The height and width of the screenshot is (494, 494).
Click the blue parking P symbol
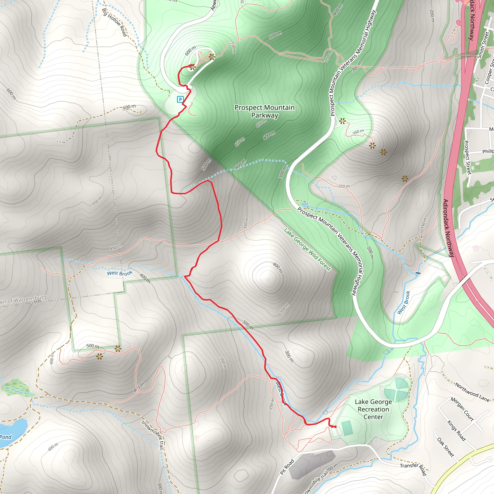pyautogui.click(x=180, y=99)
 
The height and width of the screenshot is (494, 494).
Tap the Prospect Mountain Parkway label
pyautogui.click(x=264, y=111)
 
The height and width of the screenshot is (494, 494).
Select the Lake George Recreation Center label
pyautogui.click(x=373, y=409)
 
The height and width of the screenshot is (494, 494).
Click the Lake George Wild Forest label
pyautogui.click(x=307, y=249)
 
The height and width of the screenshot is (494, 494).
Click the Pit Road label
pyautogui.click(x=287, y=467)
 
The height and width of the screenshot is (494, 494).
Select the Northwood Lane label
pyautogui.click(x=472, y=392)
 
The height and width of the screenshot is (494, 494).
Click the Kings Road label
pyautogui.click(x=456, y=430)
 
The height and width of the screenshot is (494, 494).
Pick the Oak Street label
pyautogui.click(x=446, y=447)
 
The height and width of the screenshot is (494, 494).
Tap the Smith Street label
pyautogui.click(x=484, y=45)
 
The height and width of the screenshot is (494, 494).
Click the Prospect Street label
pyautogui.click(x=468, y=157)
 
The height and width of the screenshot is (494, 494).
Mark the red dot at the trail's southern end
pyautogui.click(x=335, y=427)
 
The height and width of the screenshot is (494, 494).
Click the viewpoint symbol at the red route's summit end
pyautogui.click(x=192, y=68)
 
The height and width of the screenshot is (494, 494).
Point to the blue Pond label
pyautogui.click(x=6, y=437)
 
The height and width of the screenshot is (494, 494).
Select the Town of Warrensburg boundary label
pyautogui.click(x=23, y=299)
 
